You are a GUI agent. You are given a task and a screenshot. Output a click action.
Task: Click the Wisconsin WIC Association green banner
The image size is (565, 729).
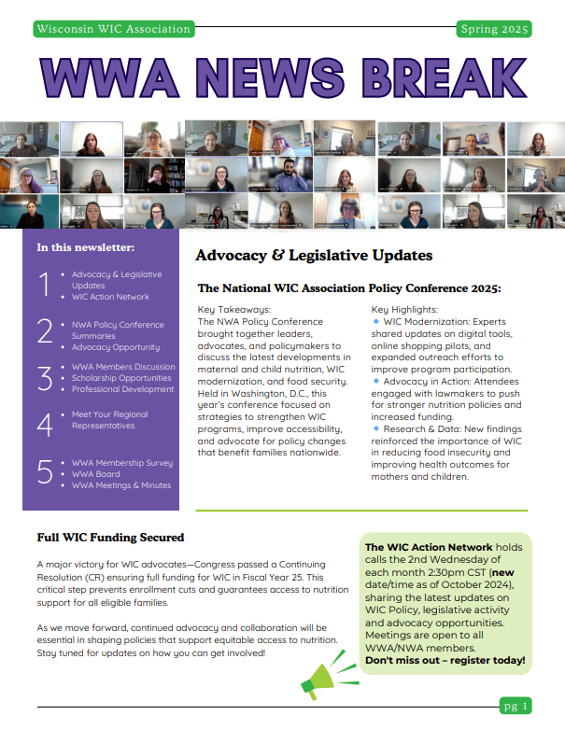(x=113, y=29)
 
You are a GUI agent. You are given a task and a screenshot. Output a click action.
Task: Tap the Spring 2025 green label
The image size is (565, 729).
(x=494, y=29)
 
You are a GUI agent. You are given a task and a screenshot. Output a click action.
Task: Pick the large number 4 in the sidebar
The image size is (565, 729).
(x=44, y=425)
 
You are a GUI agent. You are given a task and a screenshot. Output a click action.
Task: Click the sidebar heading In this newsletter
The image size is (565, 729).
(x=85, y=247)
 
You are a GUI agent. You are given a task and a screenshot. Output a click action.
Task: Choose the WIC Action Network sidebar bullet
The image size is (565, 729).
(x=110, y=297)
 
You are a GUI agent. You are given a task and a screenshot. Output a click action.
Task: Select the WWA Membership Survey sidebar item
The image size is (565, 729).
(x=122, y=462)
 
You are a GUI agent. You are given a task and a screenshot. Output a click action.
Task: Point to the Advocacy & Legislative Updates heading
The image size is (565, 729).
(x=314, y=255)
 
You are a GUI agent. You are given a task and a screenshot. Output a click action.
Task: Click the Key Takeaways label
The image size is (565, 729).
(x=234, y=309)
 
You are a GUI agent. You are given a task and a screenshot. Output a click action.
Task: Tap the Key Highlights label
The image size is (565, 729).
(x=404, y=309)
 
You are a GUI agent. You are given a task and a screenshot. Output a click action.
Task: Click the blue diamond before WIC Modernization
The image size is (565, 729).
(x=375, y=321)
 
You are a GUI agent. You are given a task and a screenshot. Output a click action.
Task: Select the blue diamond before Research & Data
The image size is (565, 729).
(x=375, y=428)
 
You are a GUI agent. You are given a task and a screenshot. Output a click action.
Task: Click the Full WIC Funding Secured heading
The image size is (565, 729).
(x=110, y=538)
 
